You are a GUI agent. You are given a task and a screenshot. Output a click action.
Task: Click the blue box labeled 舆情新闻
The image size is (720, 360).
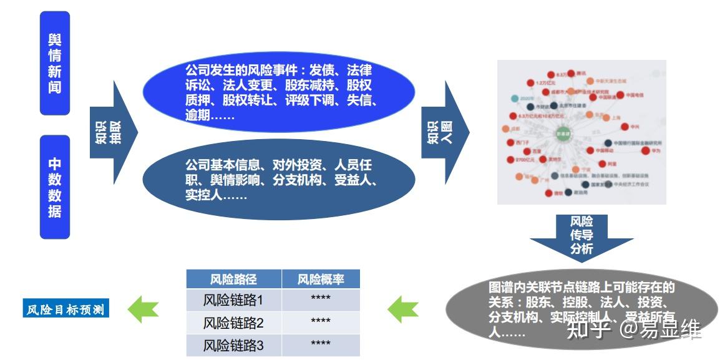pos(54,63)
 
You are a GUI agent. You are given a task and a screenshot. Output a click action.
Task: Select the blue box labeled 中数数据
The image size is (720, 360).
pos(54,187)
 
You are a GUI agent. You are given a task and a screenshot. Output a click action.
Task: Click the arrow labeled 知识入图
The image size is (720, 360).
pos(444,132)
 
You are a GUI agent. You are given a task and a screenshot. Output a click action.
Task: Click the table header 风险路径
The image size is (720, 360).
pos(233,279)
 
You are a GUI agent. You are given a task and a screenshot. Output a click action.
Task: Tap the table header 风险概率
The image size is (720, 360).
pos(320,279)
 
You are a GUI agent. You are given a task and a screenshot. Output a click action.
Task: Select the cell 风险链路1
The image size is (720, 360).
pos(233,300)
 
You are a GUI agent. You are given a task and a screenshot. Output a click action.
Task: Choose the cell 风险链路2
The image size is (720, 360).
pos(233,323)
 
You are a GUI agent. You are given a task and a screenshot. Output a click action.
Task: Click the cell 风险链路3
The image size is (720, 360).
pos(233,345)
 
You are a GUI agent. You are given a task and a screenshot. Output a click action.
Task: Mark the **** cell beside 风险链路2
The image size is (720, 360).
pos(320,323)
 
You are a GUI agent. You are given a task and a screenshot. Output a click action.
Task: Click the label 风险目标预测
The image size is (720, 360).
pos(66,309)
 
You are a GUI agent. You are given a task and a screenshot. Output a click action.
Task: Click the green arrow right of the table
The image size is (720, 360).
pos(403,308)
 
